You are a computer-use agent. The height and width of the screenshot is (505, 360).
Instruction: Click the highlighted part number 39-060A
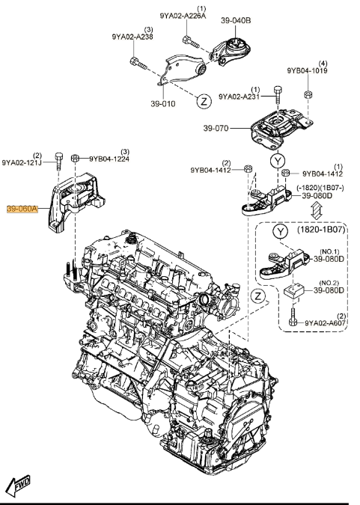(x=22, y=210)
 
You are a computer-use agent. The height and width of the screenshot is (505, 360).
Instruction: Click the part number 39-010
(x=163, y=104)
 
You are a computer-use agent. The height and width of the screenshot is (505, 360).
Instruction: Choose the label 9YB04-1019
(x=307, y=71)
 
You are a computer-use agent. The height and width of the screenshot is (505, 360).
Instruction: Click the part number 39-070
(x=217, y=128)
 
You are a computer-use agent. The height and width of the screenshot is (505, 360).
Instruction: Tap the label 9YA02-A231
(x=240, y=97)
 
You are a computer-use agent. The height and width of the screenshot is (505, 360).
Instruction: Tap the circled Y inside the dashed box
(x=279, y=232)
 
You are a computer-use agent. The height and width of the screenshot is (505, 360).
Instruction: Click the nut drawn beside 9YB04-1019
(x=307, y=94)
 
